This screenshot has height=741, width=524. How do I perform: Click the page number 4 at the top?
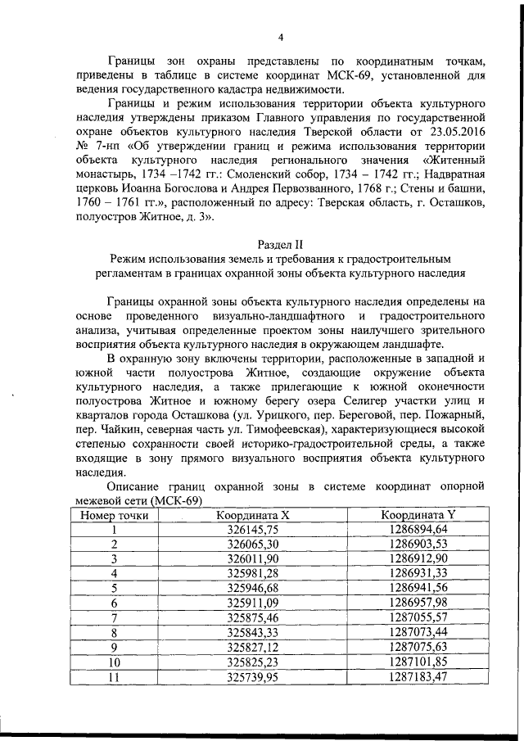click(280, 37)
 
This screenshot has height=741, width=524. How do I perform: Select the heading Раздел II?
click(279, 244)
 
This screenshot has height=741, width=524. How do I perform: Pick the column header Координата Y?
click(418, 515)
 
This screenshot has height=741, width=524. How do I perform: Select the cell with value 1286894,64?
click(418, 530)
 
